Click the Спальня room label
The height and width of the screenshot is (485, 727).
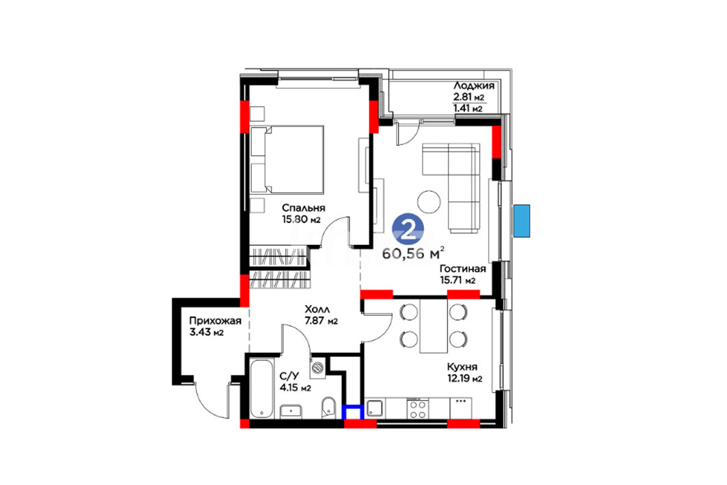(x=303, y=208)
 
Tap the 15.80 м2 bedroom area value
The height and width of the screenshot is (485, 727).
(x=302, y=220)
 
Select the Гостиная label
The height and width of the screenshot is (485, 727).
(x=463, y=269)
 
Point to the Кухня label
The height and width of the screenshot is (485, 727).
(x=462, y=367)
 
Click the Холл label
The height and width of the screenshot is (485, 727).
(x=317, y=309)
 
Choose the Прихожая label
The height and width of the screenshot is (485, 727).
(x=215, y=320)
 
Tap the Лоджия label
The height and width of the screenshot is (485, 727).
(x=474, y=86)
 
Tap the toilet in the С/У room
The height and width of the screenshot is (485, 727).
(x=328, y=406)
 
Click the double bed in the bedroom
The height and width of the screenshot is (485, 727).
(x=287, y=159)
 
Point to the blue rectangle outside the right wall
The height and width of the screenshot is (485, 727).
(x=522, y=221)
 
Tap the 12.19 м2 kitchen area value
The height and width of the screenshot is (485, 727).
(x=464, y=379)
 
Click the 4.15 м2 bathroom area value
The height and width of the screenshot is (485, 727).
(x=295, y=387)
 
